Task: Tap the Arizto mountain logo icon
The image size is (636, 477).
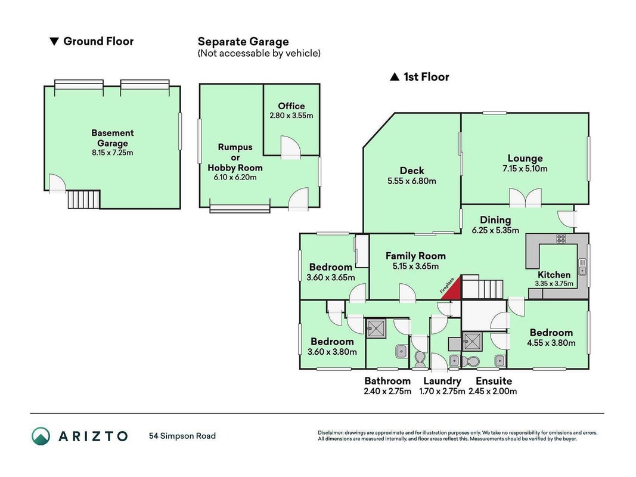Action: click(41, 436)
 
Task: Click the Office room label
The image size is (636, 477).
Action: click(291, 106)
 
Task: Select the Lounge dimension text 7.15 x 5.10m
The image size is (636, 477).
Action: click(525, 168)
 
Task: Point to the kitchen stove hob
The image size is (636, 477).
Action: click(561, 238)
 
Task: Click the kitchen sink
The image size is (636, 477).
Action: click(582, 267)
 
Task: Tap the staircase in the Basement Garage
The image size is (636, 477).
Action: click(83, 199)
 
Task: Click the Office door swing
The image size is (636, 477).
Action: click(290, 147)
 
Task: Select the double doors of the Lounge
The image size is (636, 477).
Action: click(525, 198)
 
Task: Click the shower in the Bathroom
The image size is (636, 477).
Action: click(376, 328)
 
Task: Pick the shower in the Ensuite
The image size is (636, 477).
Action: click(471, 341)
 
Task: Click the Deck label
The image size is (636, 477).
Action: click(412, 171)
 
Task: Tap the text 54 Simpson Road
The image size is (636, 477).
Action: click(182, 436)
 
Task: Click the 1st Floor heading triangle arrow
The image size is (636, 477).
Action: click(394, 77)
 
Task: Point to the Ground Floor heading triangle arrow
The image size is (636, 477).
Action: click(54, 41)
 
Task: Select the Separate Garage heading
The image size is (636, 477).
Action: click(243, 41)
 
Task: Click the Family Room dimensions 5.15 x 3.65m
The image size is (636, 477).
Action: click(415, 266)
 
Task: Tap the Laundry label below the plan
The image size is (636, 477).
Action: click(442, 381)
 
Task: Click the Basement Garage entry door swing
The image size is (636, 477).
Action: click(57, 183)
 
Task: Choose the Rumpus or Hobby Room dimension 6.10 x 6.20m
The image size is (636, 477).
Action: click(235, 177)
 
